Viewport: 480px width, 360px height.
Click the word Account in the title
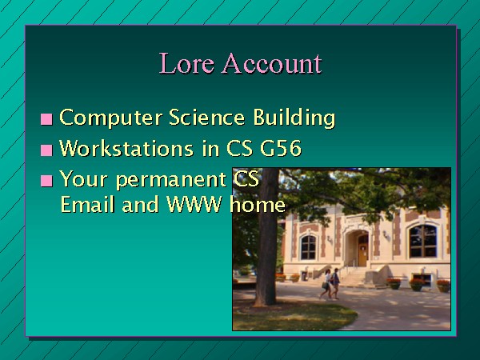pyautogui.click(x=271, y=63)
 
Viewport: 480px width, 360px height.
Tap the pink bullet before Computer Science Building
pyautogui.click(x=46, y=119)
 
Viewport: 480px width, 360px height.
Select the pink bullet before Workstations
pyautogui.click(x=46, y=150)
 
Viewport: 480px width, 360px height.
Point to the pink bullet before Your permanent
pyautogui.click(x=46, y=181)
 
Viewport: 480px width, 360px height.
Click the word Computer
pyautogui.click(x=110, y=118)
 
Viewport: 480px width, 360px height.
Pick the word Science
pyautogui.click(x=207, y=117)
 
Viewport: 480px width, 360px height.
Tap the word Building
pyautogui.click(x=294, y=118)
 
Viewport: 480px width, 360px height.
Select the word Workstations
pyautogui.click(x=126, y=148)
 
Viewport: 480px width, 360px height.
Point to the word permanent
pyautogui.click(x=171, y=179)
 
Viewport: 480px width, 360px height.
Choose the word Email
pyautogui.click(x=87, y=204)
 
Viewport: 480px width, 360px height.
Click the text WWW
pyautogui.click(x=194, y=204)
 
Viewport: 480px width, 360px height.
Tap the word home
pyautogui.click(x=258, y=204)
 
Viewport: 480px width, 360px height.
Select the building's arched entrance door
pyautogui.click(x=362, y=250)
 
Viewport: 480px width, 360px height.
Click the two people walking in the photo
pyautogui.click(x=330, y=284)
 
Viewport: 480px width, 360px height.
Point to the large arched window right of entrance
pyautogui.click(x=423, y=242)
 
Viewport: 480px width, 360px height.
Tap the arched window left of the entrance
pyautogui.click(x=308, y=247)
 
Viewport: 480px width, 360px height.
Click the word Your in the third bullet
pyautogui.click(x=83, y=178)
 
